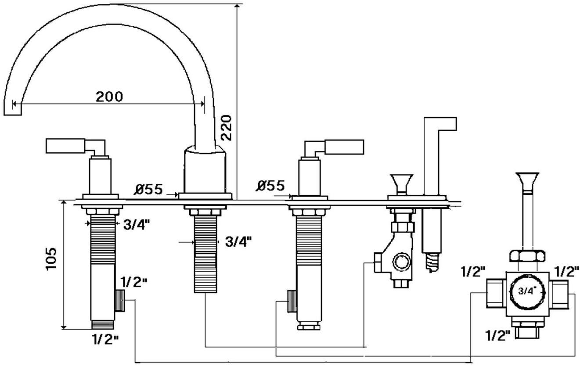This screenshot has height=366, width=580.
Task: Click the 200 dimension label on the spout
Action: [109, 96]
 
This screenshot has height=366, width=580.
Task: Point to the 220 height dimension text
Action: [226, 127]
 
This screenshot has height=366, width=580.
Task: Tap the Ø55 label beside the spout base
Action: [148, 190]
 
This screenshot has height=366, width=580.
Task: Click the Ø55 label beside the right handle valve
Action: [270, 186]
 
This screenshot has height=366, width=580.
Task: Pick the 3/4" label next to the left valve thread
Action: [137, 224]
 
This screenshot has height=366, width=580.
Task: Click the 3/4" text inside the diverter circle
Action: [526, 291]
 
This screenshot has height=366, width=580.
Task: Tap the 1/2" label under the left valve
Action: [105, 339]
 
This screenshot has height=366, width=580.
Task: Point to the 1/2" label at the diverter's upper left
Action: [473, 272]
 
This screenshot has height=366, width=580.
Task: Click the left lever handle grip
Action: [65, 146]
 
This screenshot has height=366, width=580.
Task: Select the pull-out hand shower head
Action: [440, 125]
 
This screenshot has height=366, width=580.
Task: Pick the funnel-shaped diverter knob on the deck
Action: [401, 181]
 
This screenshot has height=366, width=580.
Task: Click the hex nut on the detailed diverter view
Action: [527, 255]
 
